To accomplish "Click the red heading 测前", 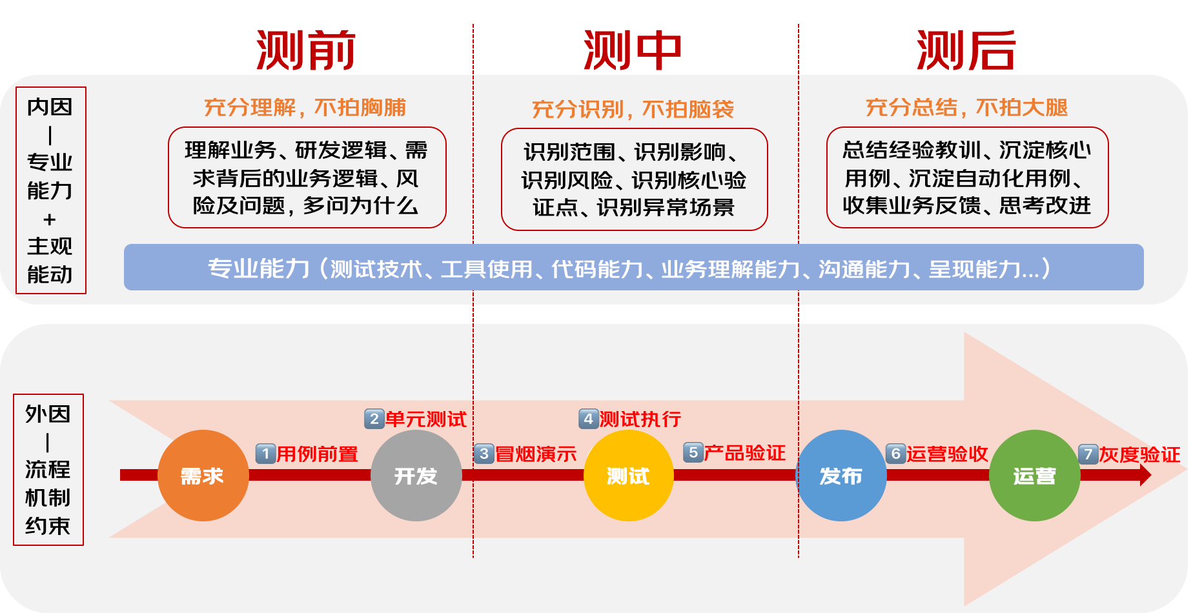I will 306,50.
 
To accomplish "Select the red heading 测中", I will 633,50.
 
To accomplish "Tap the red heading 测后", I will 966,50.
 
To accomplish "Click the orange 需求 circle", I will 203,476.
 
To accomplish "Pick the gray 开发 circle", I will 416,476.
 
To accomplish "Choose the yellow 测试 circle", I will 628,476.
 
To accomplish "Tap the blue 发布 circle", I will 841,476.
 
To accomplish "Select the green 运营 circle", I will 1034,476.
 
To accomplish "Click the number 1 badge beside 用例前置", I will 265,454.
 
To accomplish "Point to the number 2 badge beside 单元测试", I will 374,419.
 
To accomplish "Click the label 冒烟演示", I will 536,454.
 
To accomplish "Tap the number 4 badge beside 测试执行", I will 588,419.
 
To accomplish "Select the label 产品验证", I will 745,453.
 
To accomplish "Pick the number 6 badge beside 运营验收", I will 895,454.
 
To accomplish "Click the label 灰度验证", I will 1139,455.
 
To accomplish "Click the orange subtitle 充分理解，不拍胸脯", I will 305,107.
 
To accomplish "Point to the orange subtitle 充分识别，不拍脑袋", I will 633,109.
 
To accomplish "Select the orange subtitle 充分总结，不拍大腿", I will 966,107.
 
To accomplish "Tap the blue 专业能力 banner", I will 633,267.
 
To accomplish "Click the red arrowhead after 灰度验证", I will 1145,476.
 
